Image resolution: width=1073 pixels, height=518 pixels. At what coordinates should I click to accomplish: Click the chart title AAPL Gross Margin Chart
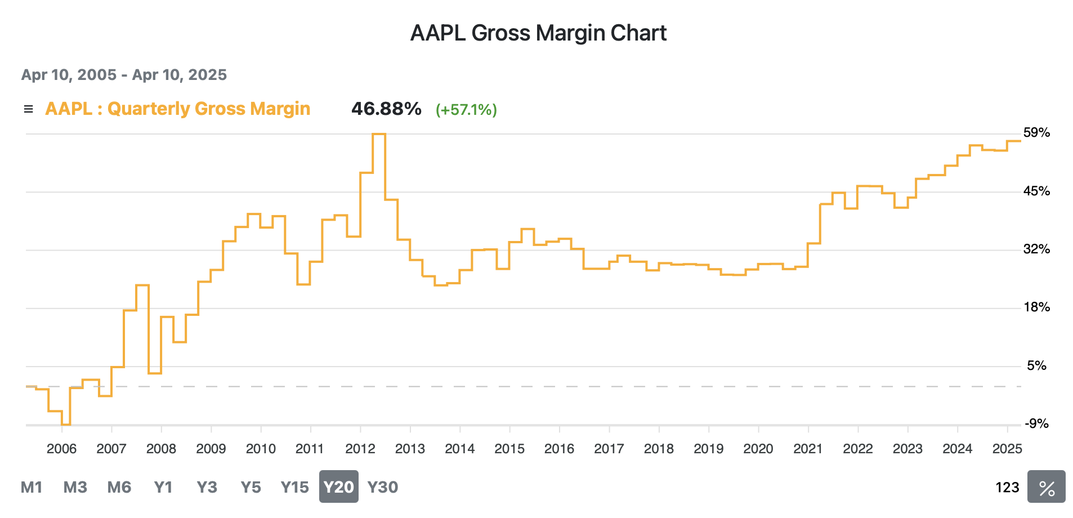point(538,33)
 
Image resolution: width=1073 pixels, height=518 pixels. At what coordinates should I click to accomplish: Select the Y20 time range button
point(338,487)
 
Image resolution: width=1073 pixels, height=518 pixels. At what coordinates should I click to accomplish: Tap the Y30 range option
point(383,487)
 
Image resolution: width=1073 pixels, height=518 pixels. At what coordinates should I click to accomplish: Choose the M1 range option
point(32,487)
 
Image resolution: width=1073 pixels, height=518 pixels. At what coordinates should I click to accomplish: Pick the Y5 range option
point(251,487)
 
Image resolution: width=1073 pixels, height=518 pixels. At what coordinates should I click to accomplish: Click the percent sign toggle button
point(1046,487)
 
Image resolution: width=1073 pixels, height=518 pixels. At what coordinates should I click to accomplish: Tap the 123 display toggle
point(1007,487)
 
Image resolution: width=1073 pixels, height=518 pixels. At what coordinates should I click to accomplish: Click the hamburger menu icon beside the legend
point(28,109)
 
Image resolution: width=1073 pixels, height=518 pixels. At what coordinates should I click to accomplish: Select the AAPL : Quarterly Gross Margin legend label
point(177,109)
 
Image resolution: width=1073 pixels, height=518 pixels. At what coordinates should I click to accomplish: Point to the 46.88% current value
point(386,109)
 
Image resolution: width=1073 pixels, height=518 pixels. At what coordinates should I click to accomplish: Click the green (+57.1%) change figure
point(466,109)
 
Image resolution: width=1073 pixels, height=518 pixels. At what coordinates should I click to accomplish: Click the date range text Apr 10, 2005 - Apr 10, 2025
point(124,75)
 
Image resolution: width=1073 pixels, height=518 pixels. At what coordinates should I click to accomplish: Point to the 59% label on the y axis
point(1036,133)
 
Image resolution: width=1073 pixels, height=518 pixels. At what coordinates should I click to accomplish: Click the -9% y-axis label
point(1036,424)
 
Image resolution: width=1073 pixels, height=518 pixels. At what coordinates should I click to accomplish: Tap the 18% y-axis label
point(1036,307)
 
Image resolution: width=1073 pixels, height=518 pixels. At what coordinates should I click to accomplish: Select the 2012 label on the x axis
point(360,449)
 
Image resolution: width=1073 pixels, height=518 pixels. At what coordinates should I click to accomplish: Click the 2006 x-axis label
point(61,449)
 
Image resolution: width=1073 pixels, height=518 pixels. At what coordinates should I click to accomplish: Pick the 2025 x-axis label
point(1007,449)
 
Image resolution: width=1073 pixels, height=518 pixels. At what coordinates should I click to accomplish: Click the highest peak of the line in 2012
point(379,134)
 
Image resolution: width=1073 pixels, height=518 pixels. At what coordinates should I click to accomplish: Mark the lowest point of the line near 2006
point(66,424)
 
